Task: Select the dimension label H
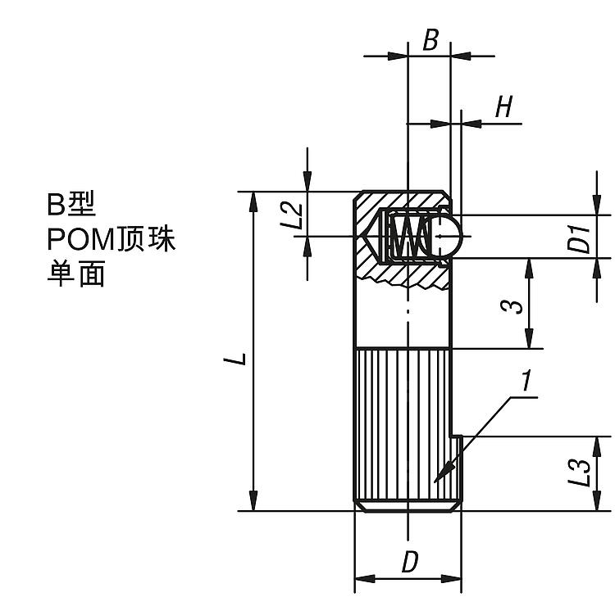(x=505, y=106)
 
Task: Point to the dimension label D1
(x=581, y=237)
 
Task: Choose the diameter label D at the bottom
(x=410, y=563)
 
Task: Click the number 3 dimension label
(x=511, y=305)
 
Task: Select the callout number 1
(x=526, y=381)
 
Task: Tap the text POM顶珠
(x=112, y=239)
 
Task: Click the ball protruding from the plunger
(x=450, y=236)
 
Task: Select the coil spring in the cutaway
(x=409, y=236)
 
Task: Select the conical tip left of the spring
(x=373, y=236)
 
